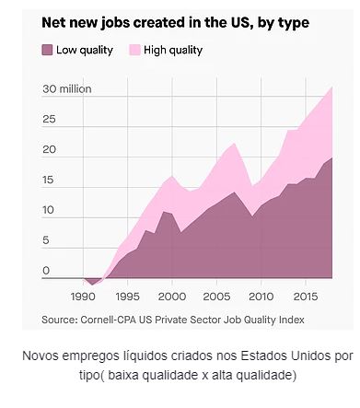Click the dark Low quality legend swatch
(47, 50)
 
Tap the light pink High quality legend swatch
(134, 50)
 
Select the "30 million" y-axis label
(67, 89)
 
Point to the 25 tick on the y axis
(49, 119)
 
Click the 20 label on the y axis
(50, 149)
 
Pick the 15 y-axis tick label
(49, 180)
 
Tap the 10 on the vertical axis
(49, 210)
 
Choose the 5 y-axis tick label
(46, 240)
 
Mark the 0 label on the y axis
(46, 271)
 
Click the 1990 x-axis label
(83, 297)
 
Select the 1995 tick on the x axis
(127, 297)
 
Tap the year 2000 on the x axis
(172, 297)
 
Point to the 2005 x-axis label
(216, 297)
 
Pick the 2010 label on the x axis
(261, 297)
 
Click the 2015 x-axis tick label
(306, 297)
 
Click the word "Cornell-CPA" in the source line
(109, 320)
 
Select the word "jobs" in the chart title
(114, 23)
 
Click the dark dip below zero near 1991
(92, 281)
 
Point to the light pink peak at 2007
(234, 145)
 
